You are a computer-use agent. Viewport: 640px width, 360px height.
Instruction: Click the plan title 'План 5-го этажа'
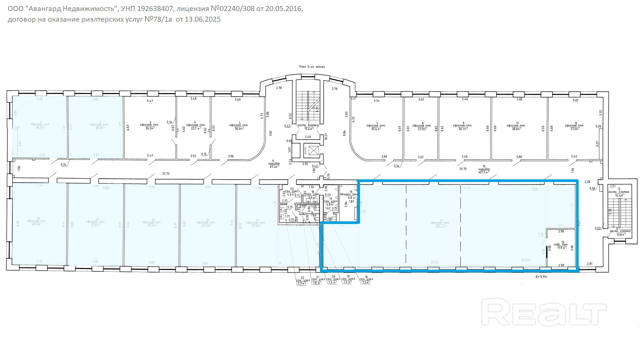(312, 67)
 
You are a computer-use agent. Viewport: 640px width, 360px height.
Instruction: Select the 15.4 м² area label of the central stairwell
(308, 129)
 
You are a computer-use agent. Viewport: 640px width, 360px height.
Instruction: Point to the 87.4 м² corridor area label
(275, 167)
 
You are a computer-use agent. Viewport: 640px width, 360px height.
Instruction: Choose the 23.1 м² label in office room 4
(194, 128)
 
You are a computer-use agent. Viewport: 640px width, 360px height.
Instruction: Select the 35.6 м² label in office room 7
(376, 129)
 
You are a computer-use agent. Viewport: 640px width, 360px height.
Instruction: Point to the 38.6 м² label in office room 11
(516, 129)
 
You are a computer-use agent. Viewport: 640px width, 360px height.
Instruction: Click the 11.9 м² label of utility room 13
(562, 248)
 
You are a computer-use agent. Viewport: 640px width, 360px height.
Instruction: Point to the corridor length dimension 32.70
(166, 174)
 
